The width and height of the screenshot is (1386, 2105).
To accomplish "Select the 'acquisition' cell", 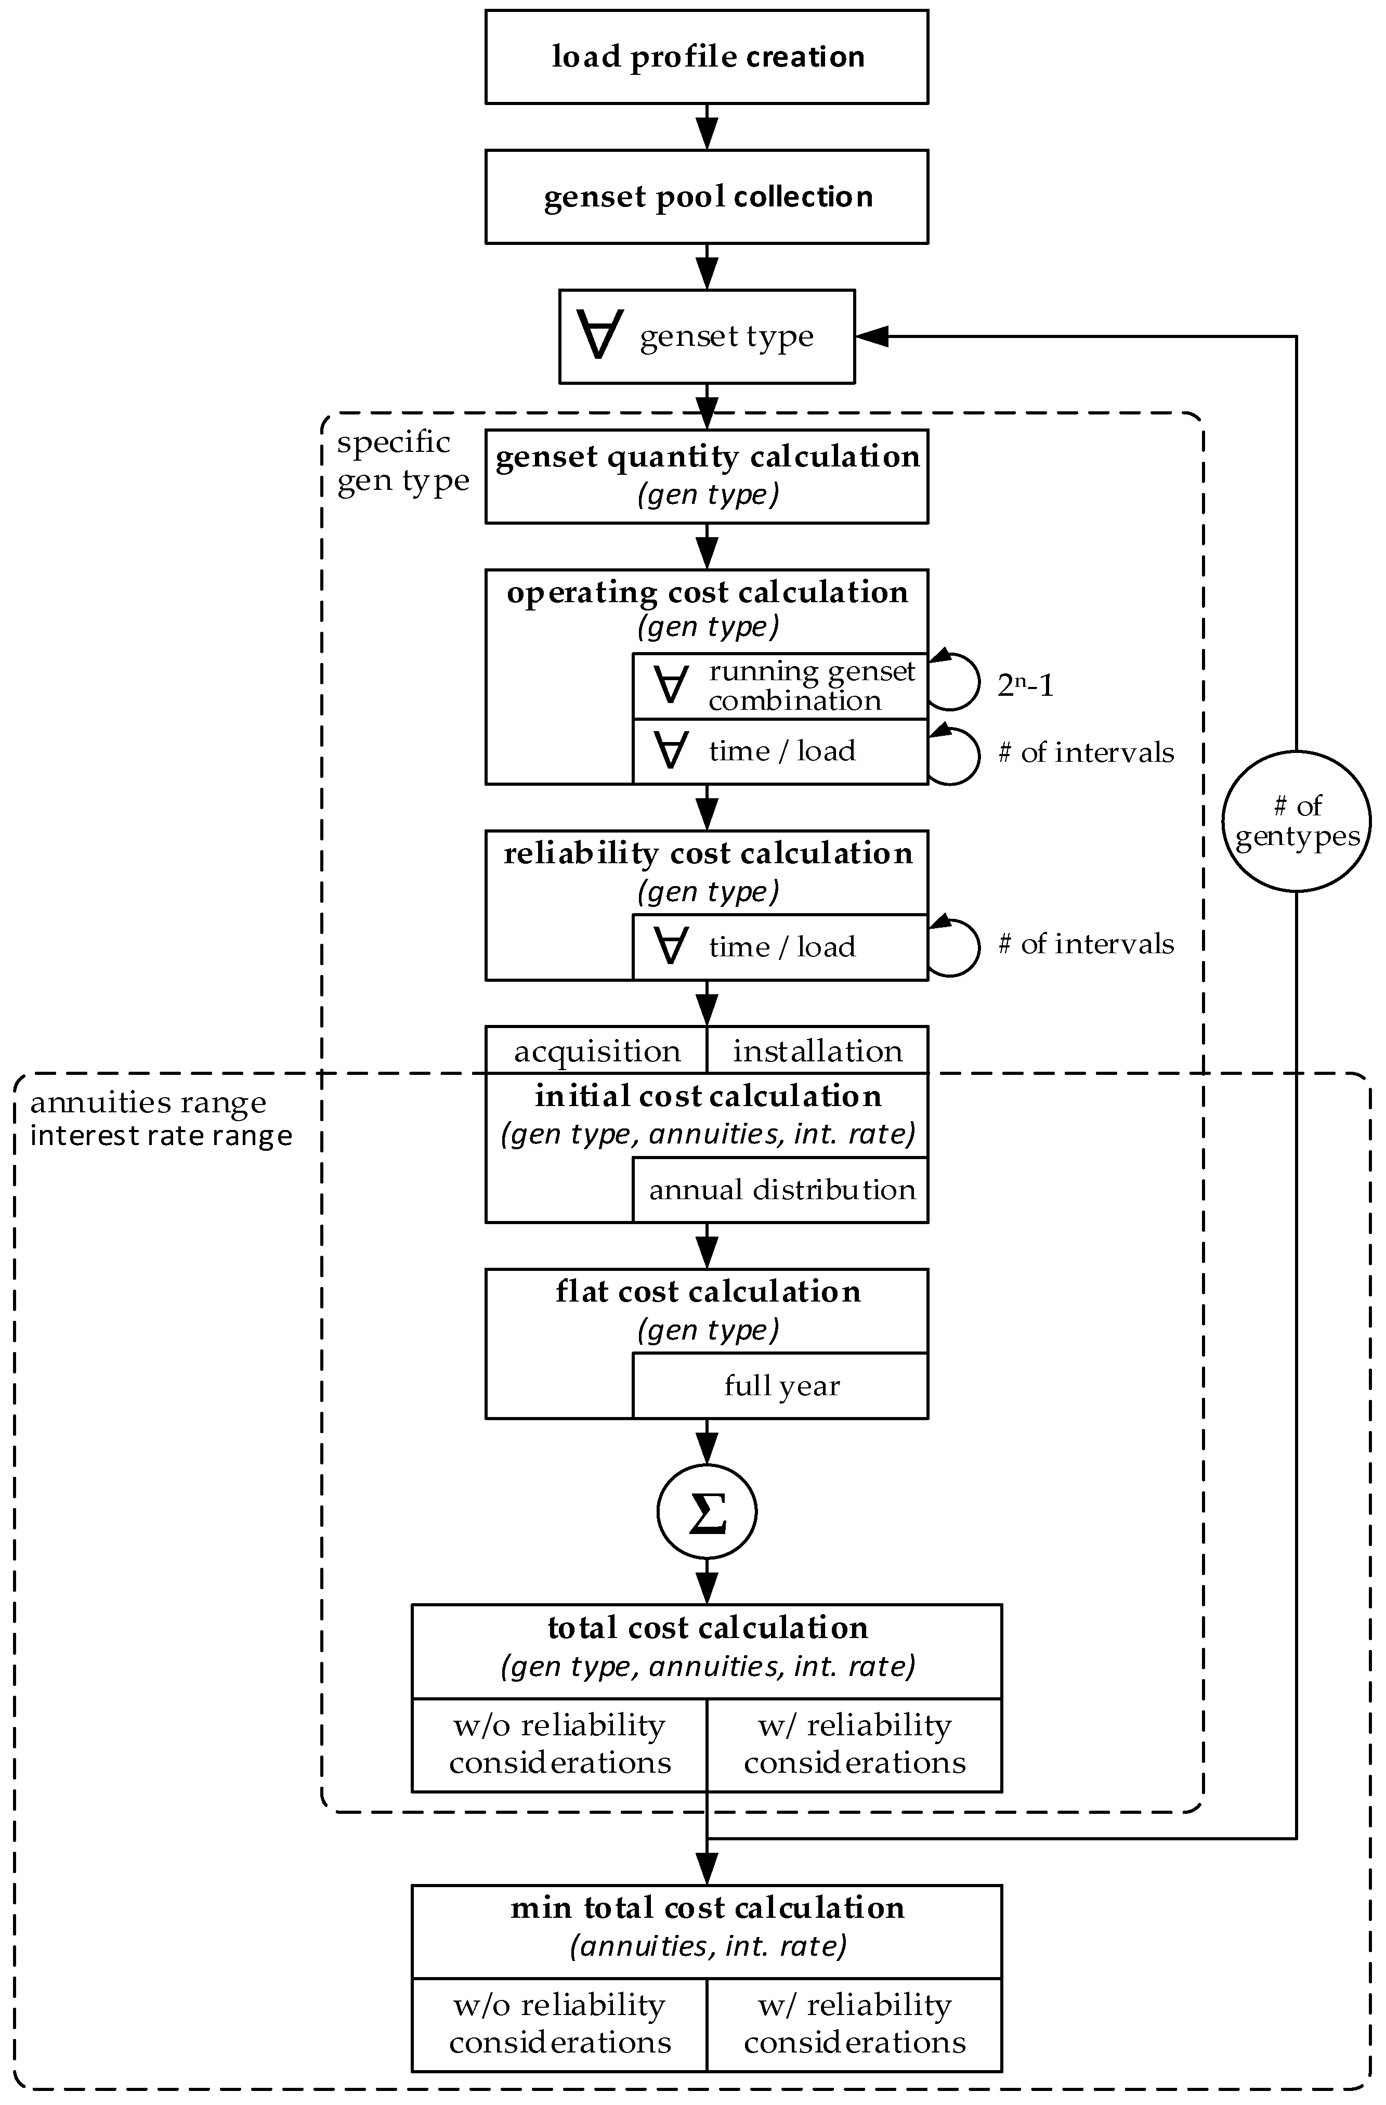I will coord(597,1051).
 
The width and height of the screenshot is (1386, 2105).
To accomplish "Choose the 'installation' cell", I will coord(817,1051).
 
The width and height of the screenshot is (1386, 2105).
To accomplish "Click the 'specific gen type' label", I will coord(402,461).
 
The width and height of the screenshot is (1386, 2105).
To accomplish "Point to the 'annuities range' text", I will coord(148,1103).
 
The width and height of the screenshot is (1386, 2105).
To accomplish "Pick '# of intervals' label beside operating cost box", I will coord(1086,752).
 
